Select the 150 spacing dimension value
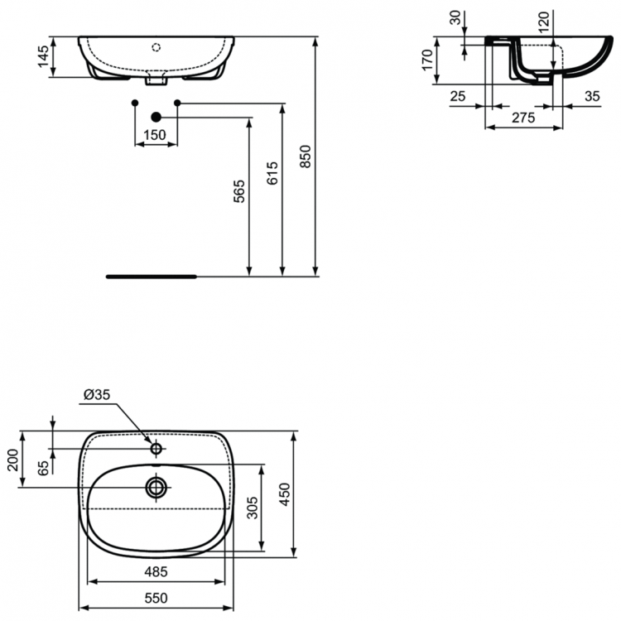[x=156, y=135]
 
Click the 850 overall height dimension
[x=306, y=156]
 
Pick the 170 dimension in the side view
[x=428, y=60]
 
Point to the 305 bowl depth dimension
[x=252, y=506]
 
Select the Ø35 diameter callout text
[x=97, y=396]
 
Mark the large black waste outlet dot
[x=156, y=118]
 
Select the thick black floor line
[x=152, y=277]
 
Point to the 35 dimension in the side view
[x=591, y=96]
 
